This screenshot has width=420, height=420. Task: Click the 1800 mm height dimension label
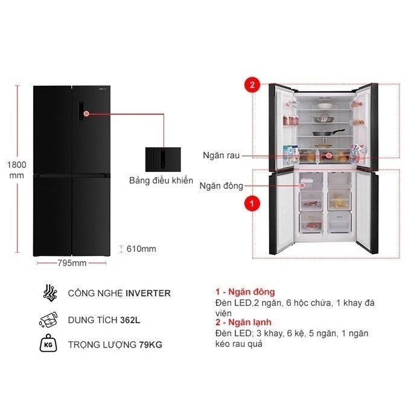click(17, 170)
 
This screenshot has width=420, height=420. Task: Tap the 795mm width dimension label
click(72, 263)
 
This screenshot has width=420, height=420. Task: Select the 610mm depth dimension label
click(141, 249)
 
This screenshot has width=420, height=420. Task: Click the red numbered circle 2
click(252, 85)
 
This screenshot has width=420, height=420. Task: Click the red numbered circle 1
click(252, 203)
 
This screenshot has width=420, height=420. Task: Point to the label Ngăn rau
click(221, 155)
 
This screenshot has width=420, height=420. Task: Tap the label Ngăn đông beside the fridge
click(221, 186)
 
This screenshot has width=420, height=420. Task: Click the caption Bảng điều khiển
click(161, 180)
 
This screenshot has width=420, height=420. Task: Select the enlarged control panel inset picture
click(163, 160)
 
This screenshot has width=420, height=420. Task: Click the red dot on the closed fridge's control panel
click(86, 114)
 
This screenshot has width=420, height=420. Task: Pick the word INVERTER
click(148, 293)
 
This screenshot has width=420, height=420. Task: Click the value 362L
click(130, 320)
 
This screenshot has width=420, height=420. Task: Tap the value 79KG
click(150, 345)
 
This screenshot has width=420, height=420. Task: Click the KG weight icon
click(48, 343)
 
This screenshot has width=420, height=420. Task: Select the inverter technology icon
click(50, 293)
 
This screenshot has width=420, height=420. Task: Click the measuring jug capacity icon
click(48, 319)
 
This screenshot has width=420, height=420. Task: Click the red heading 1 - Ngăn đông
click(245, 292)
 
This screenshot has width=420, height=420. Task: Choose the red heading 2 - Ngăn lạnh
click(243, 322)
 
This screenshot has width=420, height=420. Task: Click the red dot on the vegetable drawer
click(329, 155)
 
